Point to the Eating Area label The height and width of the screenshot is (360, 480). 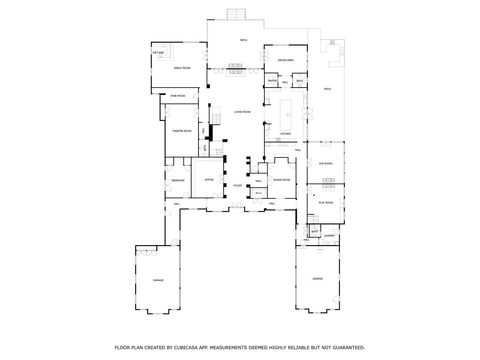(x=284, y=61)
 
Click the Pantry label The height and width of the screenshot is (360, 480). (x=270, y=82)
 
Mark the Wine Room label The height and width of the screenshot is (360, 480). (x=178, y=97)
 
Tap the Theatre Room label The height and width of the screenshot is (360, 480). (x=183, y=131)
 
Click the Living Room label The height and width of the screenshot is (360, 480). (x=241, y=113)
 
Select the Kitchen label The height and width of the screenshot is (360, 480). (x=284, y=133)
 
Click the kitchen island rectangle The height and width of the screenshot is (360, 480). (x=289, y=108)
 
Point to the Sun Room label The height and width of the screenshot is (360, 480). (x=325, y=161)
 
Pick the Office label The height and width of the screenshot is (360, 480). (x=209, y=179)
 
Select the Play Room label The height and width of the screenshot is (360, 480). (x=326, y=201)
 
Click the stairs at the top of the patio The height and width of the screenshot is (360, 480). (x=236, y=13)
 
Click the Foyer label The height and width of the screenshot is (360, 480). (x=237, y=185)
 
